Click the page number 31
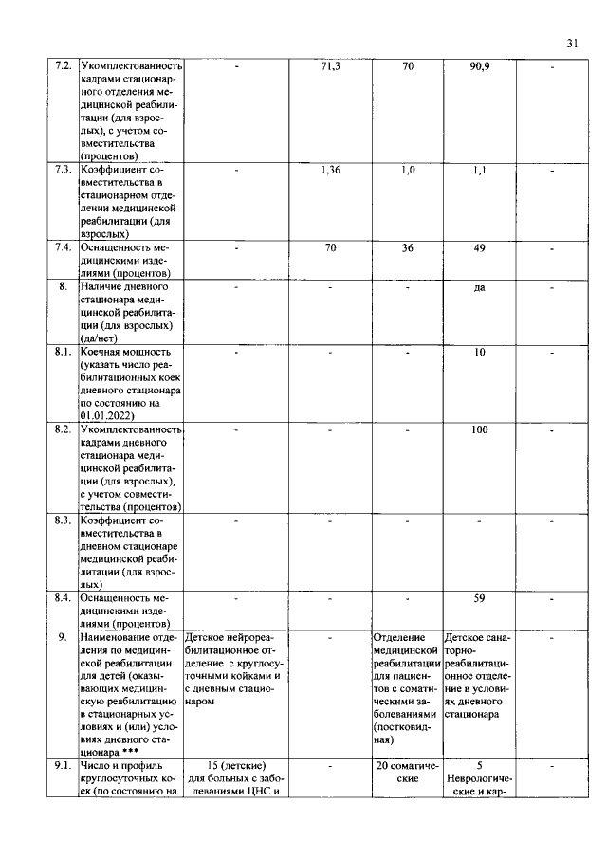pyautogui.click(x=572, y=43)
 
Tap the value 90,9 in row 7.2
pyautogui.click(x=480, y=66)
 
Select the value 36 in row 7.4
pyautogui.click(x=408, y=248)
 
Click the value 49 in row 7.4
pyautogui.click(x=480, y=248)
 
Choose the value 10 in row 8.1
pyautogui.click(x=480, y=352)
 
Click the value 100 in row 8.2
pyautogui.click(x=480, y=429)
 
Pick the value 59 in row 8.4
pyautogui.click(x=480, y=598)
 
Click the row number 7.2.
pyautogui.click(x=64, y=66)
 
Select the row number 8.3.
pyautogui.click(x=64, y=520)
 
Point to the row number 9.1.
pyautogui.click(x=64, y=765)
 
